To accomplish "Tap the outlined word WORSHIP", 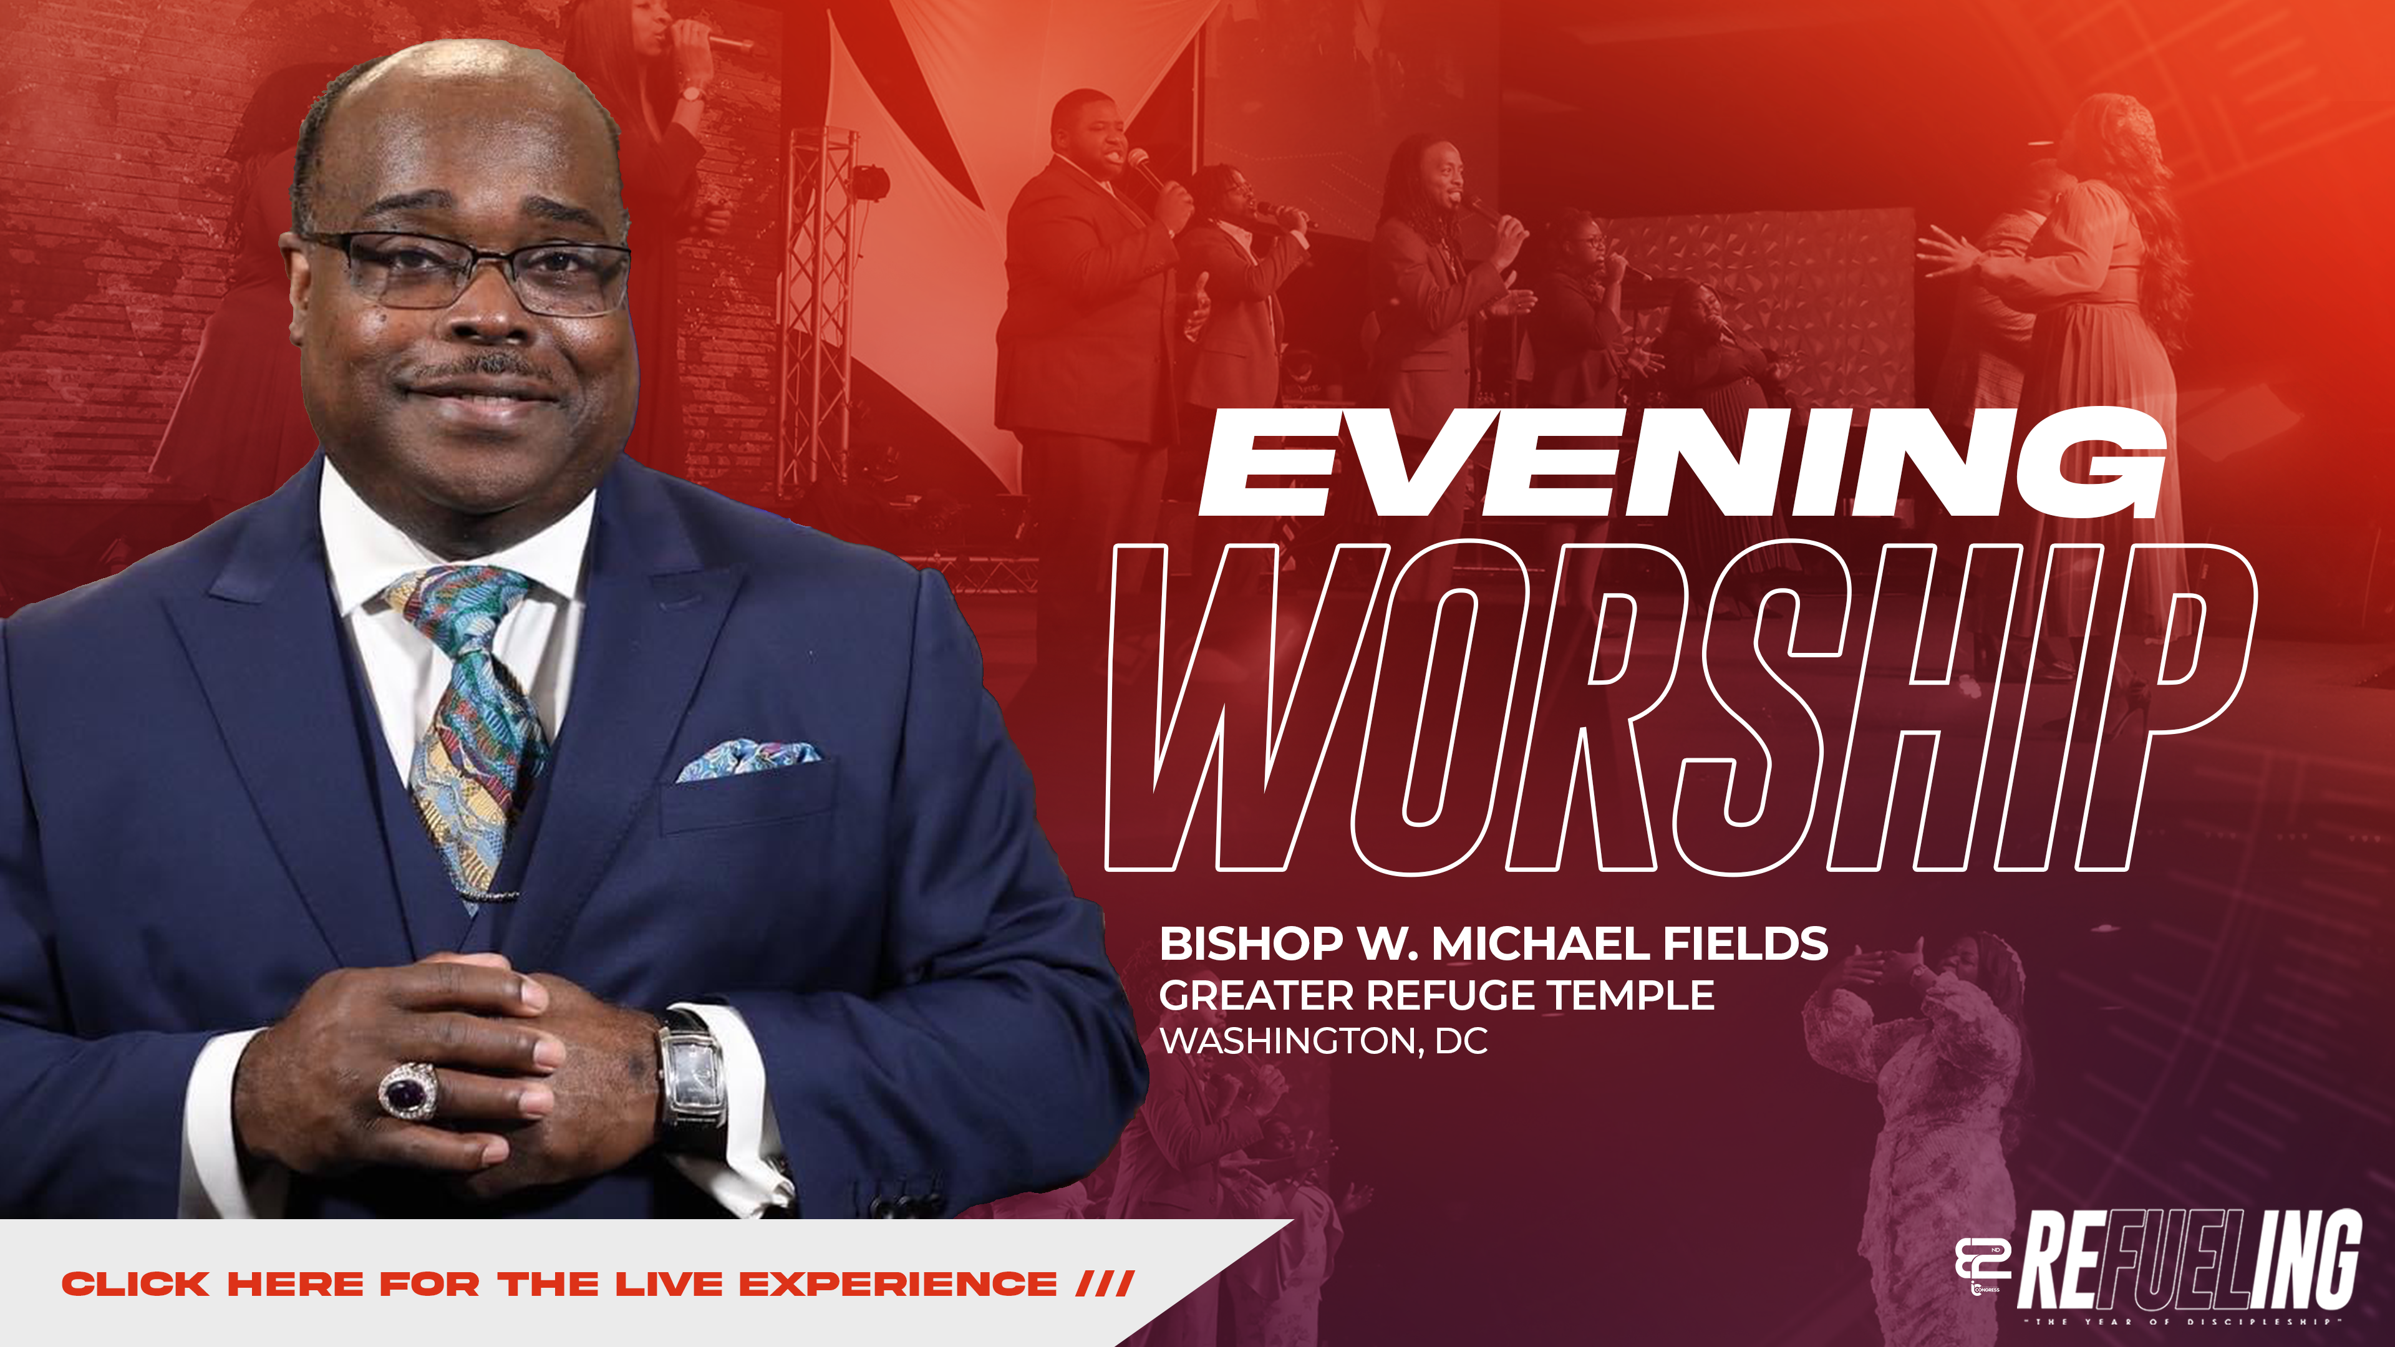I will coord(1678,708).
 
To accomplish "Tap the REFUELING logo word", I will coord(2190,1260).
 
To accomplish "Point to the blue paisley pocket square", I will coord(748,758).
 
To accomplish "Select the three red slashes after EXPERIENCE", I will coord(1105,1285).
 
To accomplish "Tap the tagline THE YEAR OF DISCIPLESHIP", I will coord(2190,1321).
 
